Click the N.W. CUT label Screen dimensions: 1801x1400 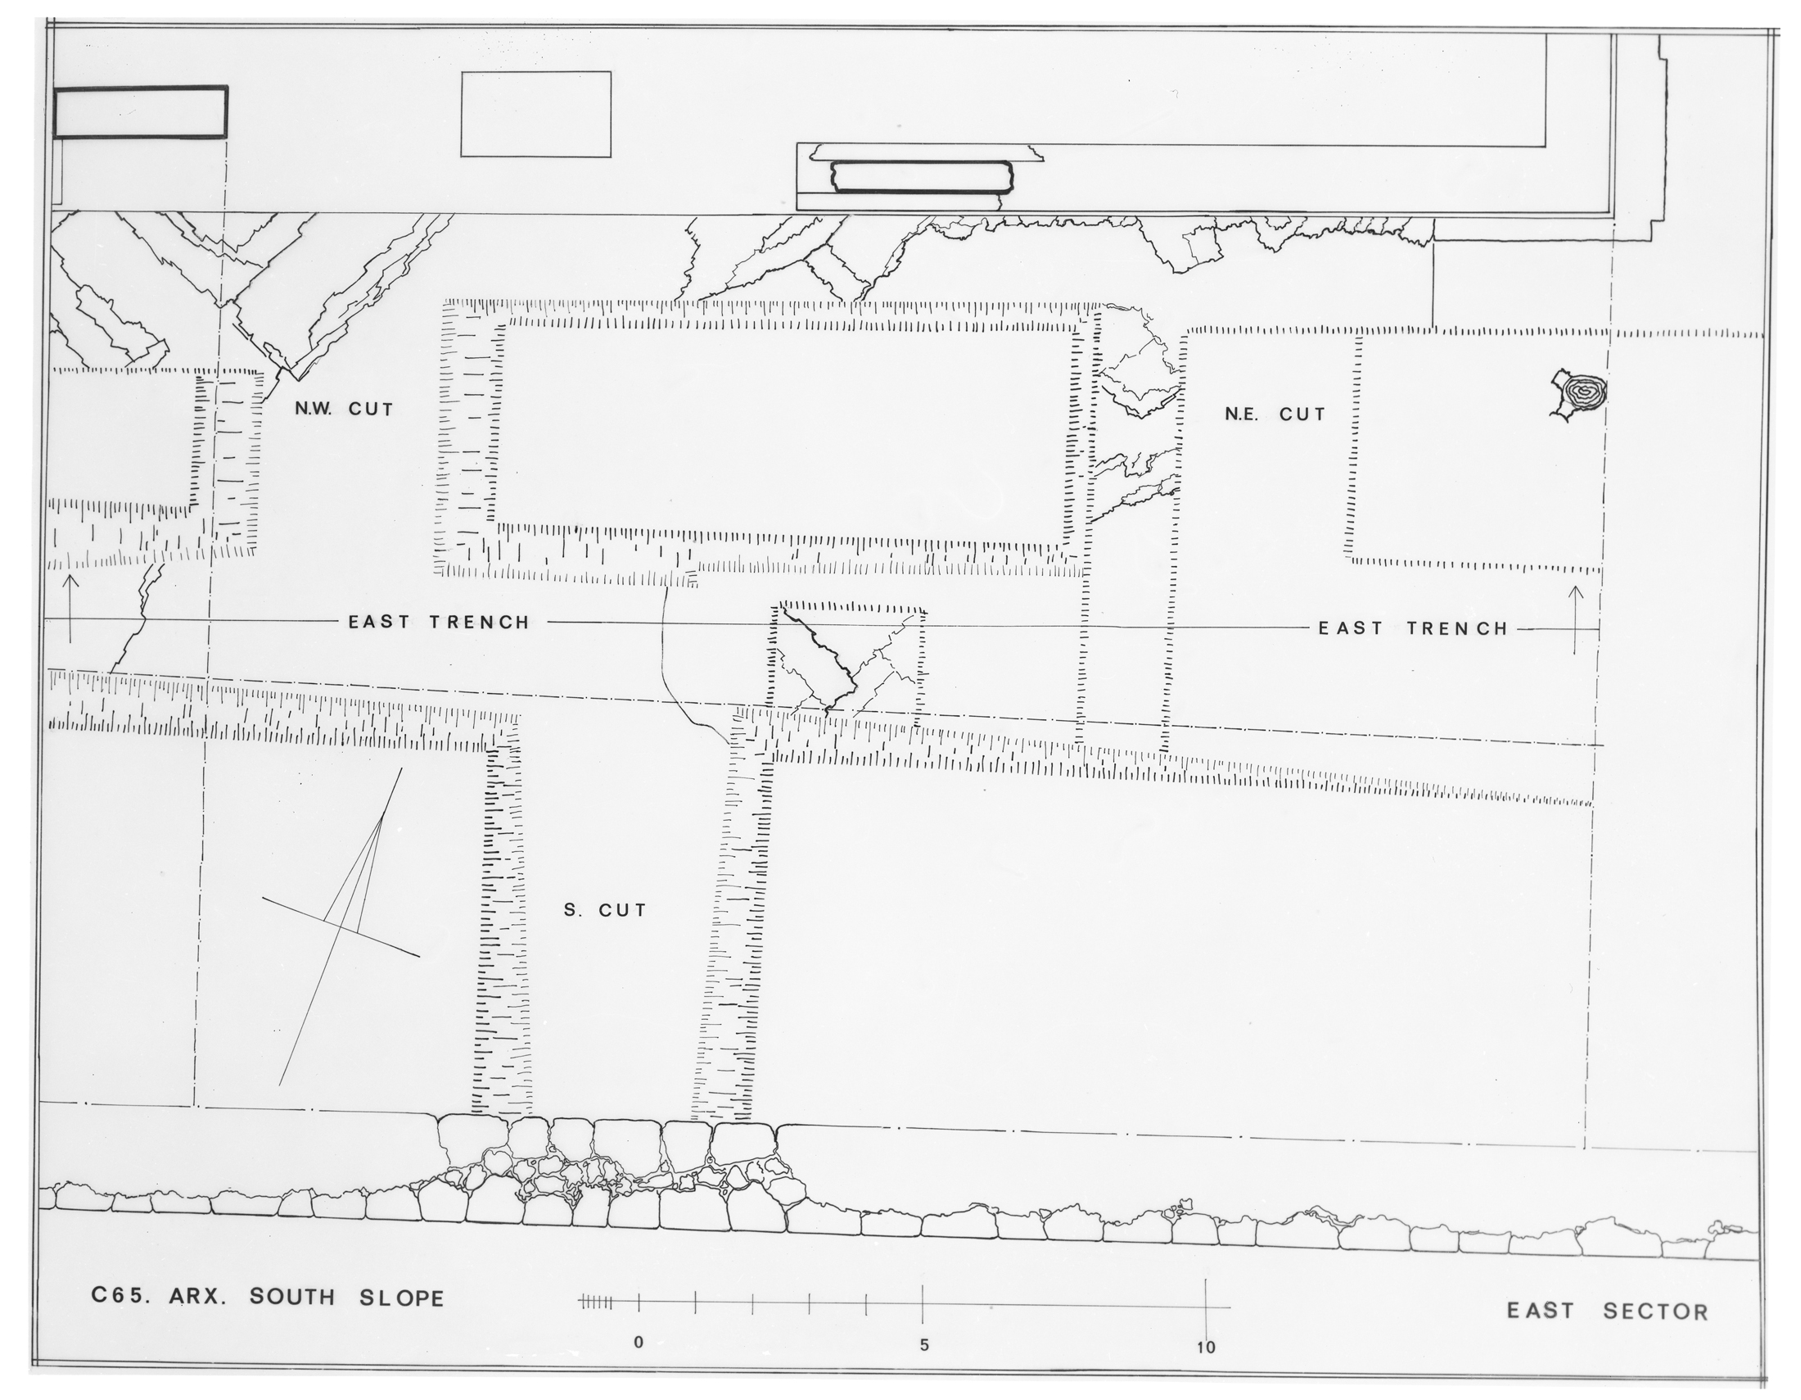tap(344, 410)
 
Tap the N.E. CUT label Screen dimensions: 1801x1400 tap(1275, 415)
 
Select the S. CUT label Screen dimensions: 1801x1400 tap(605, 911)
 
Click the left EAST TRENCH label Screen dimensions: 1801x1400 tap(439, 622)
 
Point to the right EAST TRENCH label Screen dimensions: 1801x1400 tap(1413, 628)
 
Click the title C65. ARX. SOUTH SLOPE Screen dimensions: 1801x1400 tap(267, 1297)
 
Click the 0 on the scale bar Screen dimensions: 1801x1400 tap(639, 1343)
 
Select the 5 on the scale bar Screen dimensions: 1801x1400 tap(923, 1345)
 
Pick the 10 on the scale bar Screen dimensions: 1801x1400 tap(1206, 1348)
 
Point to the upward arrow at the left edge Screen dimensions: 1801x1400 tap(70, 609)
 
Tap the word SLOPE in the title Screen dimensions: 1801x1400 tap(402, 1298)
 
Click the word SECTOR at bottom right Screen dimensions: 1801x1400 tap(1656, 1311)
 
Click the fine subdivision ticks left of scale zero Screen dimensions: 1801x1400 tap(595, 1303)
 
